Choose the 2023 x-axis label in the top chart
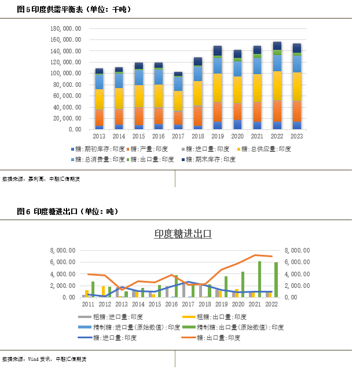pos(296,136)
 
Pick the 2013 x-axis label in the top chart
pos(99,136)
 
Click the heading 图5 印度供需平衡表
pos(74,10)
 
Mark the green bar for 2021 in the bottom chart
pos(259,279)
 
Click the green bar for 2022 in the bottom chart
pos(275,279)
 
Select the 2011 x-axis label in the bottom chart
pos(89,304)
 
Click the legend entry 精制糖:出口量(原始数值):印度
pos(240,327)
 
